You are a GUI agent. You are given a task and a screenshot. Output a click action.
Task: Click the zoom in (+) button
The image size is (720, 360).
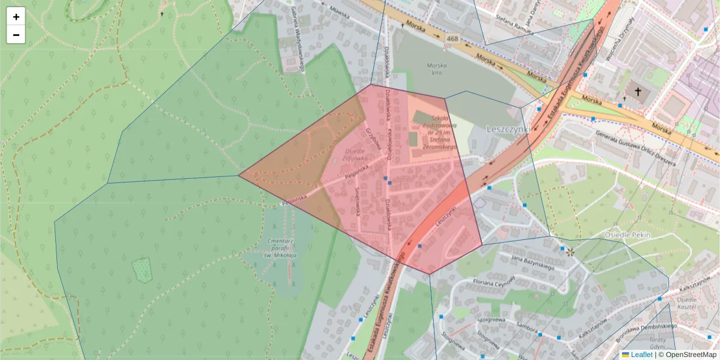click(16, 17)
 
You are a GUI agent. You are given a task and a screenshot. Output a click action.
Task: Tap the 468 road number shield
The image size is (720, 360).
click(452, 39)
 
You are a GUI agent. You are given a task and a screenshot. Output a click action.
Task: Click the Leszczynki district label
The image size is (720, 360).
click(508, 129)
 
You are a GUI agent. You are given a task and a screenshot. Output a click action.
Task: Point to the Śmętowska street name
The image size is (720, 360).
click(358, 196)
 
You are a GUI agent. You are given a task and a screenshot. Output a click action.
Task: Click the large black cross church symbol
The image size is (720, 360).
click(638, 92)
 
